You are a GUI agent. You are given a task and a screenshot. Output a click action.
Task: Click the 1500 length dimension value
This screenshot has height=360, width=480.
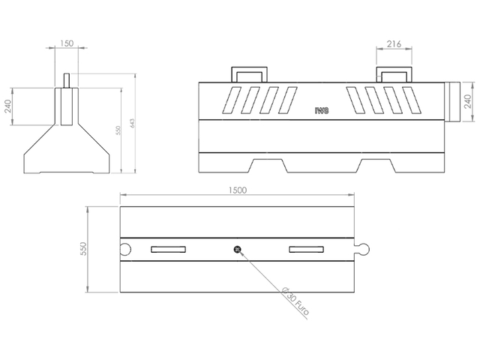(236, 191)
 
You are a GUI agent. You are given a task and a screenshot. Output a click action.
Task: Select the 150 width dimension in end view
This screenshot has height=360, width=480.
(67, 44)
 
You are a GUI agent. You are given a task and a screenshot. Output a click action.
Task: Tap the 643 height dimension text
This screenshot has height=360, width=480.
(132, 123)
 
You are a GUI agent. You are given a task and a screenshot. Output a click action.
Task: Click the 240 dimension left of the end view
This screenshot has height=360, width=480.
(8, 106)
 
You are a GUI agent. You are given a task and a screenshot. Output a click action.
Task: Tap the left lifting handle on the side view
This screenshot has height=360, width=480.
(248, 73)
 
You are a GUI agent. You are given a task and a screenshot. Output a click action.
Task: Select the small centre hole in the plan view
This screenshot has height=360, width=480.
(237, 249)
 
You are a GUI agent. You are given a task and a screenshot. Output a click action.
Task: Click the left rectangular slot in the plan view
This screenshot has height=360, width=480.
(168, 249)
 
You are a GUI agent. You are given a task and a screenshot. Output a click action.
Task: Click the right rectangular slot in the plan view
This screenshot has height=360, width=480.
(306, 249)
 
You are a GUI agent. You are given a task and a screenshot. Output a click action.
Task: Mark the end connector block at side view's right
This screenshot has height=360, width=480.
(453, 102)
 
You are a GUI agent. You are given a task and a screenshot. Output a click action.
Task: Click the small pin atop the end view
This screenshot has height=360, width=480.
(67, 79)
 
